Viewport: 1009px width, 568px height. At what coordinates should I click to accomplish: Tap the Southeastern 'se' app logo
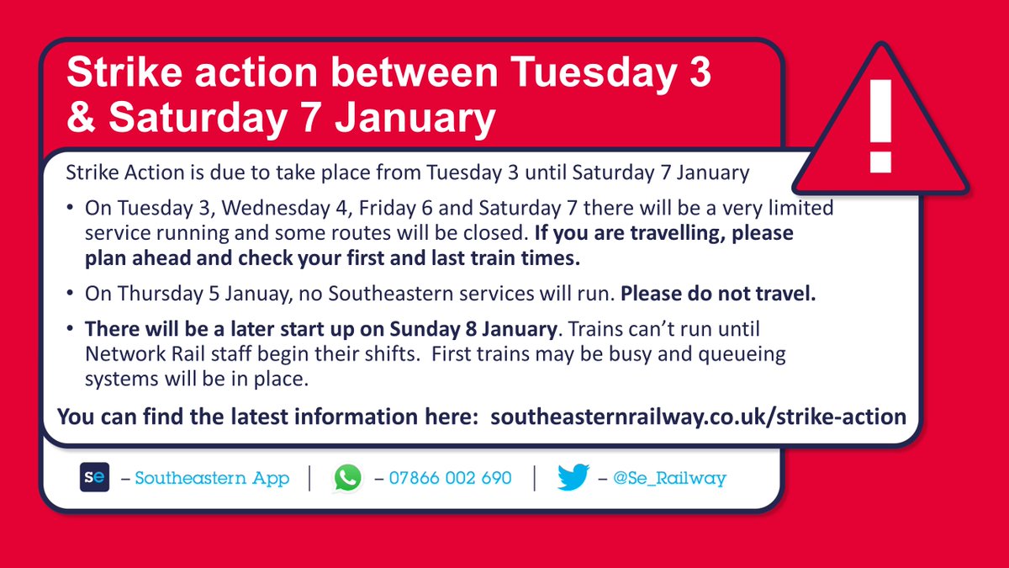(x=92, y=478)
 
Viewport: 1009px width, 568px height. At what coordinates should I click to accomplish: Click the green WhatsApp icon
(x=346, y=478)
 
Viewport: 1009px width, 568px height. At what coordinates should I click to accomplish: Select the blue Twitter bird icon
(x=573, y=478)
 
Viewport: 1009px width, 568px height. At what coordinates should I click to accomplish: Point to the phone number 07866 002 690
(x=449, y=478)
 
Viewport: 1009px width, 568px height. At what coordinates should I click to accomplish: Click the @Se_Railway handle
(x=669, y=479)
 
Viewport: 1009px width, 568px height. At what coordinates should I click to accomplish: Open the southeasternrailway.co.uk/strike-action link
(x=698, y=417)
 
